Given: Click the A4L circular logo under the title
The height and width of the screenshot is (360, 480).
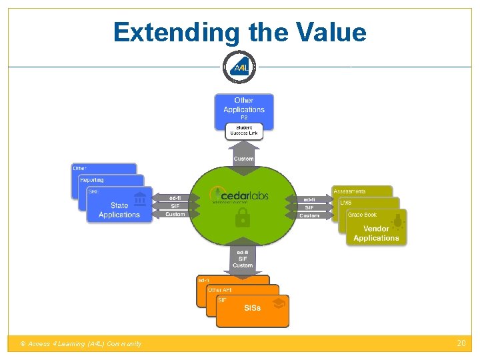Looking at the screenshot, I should pyautogui.click(x=239, y=67).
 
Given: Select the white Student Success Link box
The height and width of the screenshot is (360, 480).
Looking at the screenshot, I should pyautogui.click(x=243, y=131).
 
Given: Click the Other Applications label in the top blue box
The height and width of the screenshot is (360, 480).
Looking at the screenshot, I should pyautogui.click(x=244, y=105).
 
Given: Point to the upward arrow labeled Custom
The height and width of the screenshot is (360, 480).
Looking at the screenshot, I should pyautogui.click(x=243, y=157).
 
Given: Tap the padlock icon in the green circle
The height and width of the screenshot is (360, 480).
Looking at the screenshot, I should pyautogui.click(x=243, y=218).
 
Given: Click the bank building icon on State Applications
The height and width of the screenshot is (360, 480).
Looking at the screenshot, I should pyautogui.click(x=140, y=199).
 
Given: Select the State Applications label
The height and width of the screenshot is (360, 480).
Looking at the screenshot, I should pyautogui.click(x=119, y=210).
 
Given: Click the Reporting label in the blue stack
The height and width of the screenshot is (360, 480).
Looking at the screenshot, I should pyautogui.click(x=92, y=180).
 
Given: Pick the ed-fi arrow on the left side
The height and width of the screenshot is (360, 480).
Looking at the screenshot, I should pyautogui.click(x=174, y=198).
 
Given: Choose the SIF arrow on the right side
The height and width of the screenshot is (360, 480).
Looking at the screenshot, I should pyautogui.click(x=309, y=207).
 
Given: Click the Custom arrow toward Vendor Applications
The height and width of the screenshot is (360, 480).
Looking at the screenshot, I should pyautogui.click(x=309, y=215).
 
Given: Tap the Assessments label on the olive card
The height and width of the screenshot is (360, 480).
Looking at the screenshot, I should pyautogui.click(x=350, y=191).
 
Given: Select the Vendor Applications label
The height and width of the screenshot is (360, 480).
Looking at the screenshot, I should pyautogui.click(x=376, y=234).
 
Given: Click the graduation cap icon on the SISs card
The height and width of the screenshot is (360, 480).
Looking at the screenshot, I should pyautogui.click(x=279, y=303).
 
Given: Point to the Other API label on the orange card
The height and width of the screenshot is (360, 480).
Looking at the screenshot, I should pyautogui.click(x=220, y=290).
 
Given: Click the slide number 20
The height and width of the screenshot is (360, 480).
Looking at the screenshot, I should pyautogui.click(x=461, y=343).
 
